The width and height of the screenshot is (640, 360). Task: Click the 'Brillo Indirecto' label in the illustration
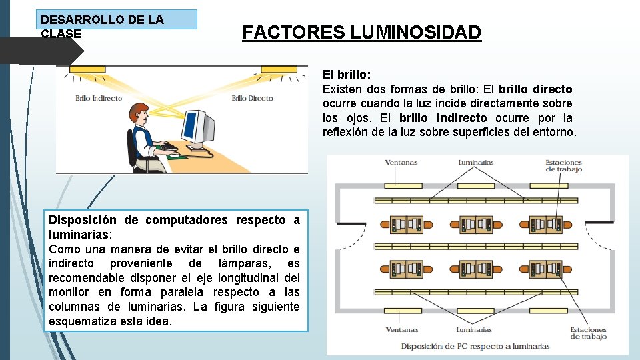[99, 98]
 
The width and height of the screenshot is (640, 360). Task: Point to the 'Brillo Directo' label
[252, 98]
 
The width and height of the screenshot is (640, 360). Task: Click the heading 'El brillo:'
[347, 75]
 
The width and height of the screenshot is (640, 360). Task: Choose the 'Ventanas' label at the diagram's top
[402, 162]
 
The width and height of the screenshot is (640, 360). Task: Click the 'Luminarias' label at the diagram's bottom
[474, 330]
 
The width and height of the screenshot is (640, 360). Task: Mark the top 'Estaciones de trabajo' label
[563, 165]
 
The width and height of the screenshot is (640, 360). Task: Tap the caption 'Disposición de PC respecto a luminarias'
[475, 346]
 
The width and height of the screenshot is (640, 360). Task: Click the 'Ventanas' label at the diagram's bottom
[402, 330]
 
